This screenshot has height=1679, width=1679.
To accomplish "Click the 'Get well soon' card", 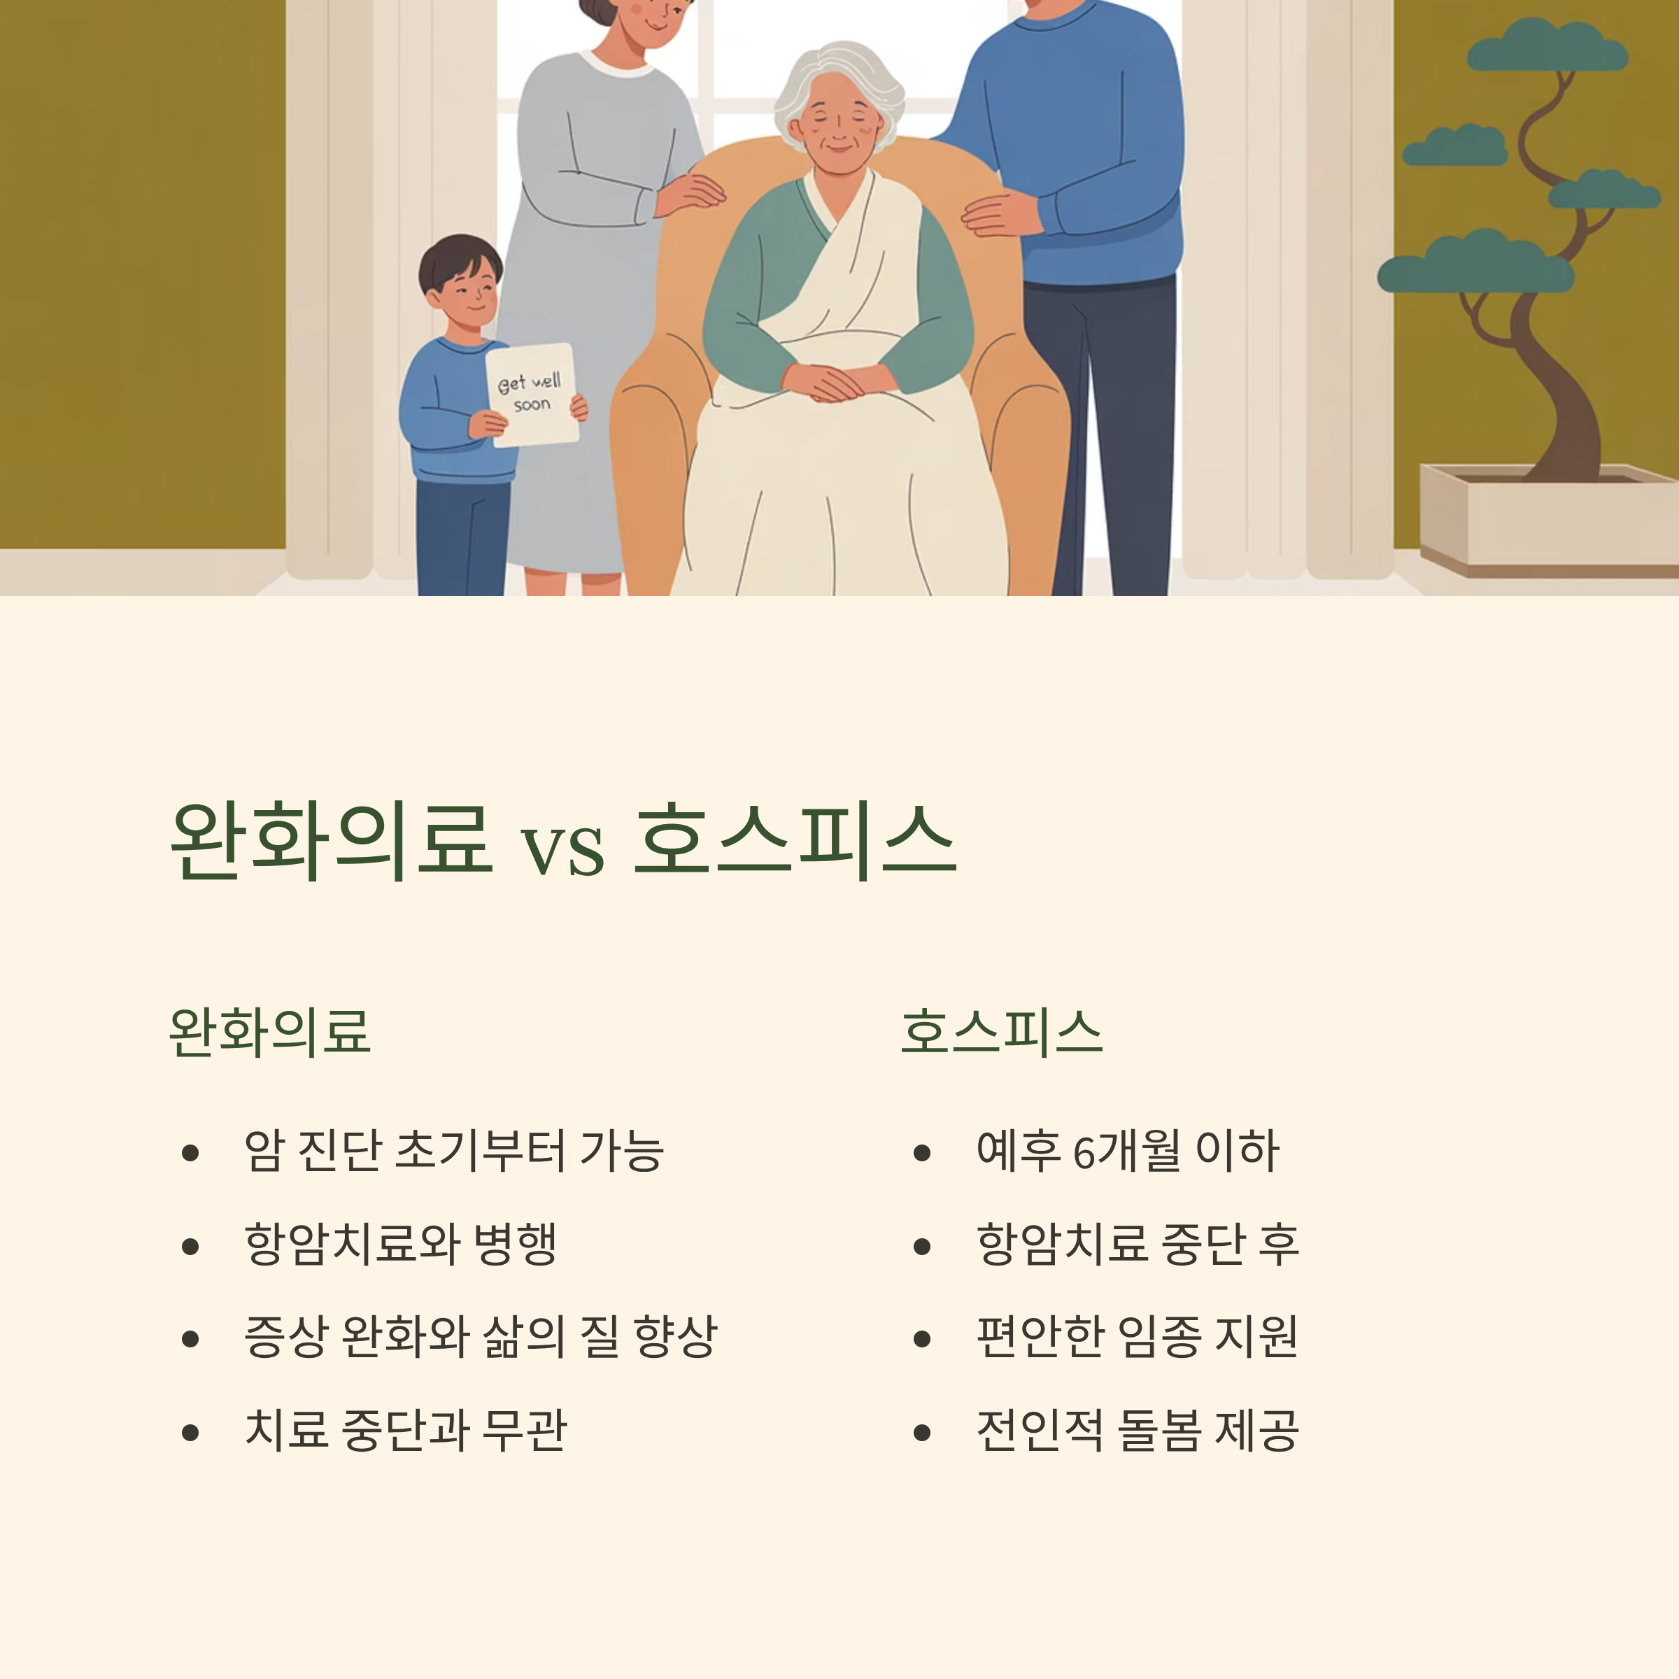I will (531, 395).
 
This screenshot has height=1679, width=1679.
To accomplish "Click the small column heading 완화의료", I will (269, 1033).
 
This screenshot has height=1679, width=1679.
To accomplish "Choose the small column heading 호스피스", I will (1001, 1033).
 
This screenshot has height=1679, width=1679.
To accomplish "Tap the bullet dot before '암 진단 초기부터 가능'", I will (190, 1153).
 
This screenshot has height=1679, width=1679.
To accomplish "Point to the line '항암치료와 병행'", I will (399, 1244).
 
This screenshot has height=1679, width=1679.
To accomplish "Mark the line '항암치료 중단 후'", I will (1137, 1244).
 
